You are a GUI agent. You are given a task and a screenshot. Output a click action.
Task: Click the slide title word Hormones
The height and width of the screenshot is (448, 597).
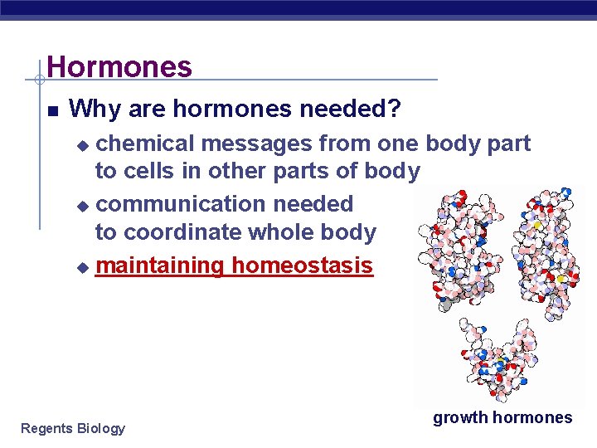pos(119,66)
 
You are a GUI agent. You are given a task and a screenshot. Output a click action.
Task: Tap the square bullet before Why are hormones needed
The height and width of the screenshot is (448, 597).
pos(52,110)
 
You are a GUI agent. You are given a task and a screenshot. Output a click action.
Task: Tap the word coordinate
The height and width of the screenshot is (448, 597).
pos(173,232)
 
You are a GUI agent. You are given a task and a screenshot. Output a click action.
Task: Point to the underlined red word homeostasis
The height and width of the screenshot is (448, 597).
pos(302,265)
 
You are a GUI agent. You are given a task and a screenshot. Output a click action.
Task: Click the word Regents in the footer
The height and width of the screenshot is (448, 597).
pos(46,428)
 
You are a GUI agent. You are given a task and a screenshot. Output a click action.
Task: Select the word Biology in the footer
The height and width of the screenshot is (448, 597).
pos(100,428)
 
